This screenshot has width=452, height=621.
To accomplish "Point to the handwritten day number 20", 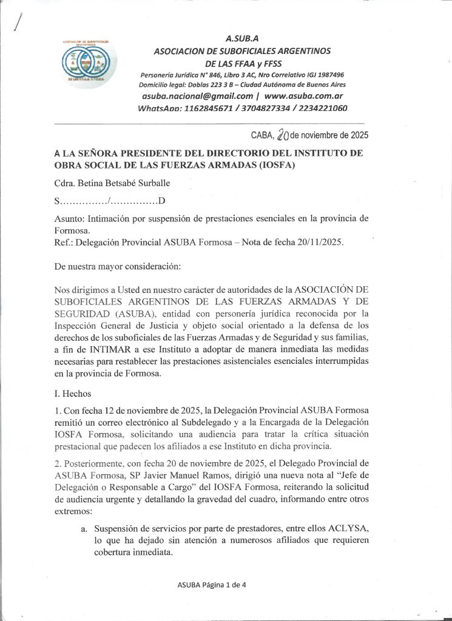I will pos(282,135).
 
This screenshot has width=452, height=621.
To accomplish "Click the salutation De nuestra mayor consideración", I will pos(121,266).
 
